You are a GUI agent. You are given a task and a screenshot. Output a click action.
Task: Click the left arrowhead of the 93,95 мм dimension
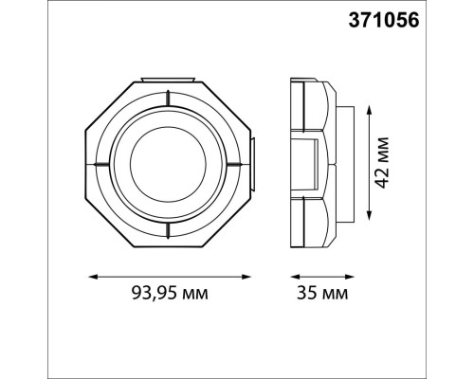click(91, 277)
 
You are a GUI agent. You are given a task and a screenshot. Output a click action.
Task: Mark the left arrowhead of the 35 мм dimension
click(289, 277)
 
